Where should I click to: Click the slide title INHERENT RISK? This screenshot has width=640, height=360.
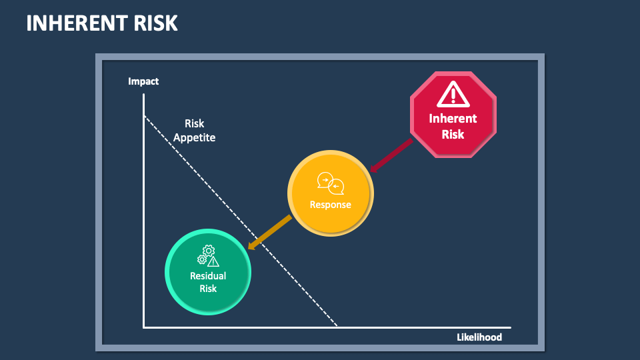click(102, 23)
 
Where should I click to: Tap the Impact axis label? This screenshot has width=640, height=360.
click(143, 81)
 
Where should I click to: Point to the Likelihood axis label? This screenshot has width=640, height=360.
click(479, 337)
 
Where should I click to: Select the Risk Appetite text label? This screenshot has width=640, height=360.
click(194, 131)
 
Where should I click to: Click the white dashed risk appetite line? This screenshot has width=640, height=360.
click(241, 221)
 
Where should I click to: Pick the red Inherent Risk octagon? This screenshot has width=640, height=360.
click(453, 115)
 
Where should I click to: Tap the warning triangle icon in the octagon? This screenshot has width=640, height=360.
click(453, 94)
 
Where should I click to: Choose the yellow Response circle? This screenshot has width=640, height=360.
click(330, 193)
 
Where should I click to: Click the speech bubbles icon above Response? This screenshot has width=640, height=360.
click(331, 183)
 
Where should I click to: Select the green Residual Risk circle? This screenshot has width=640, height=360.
click(208, 272)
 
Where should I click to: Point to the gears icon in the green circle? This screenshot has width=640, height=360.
click(208, 255)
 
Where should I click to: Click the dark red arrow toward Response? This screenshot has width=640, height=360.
click(391, 156)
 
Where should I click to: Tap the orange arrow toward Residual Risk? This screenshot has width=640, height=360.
click(270, 232)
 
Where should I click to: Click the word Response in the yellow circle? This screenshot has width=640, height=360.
click(330, 205)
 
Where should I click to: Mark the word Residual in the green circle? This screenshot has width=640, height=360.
click(208, 276)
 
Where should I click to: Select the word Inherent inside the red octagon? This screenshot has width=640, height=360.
click(453, 119)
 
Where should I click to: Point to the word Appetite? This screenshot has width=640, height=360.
click(194, 137)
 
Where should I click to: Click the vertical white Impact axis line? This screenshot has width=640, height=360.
click(144, 211)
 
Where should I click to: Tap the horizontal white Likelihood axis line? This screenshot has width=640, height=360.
click(327, 327)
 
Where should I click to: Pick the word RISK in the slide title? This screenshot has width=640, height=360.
click(155, 23)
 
